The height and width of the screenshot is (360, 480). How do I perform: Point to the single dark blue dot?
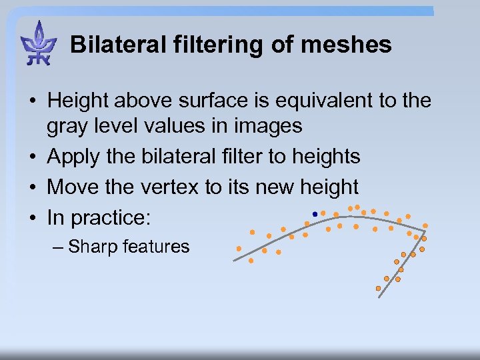[x=314, y=214]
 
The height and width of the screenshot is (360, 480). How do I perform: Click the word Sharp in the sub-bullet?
[x=93, y=247]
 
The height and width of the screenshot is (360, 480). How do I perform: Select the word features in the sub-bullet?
[x=156, y=247]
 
